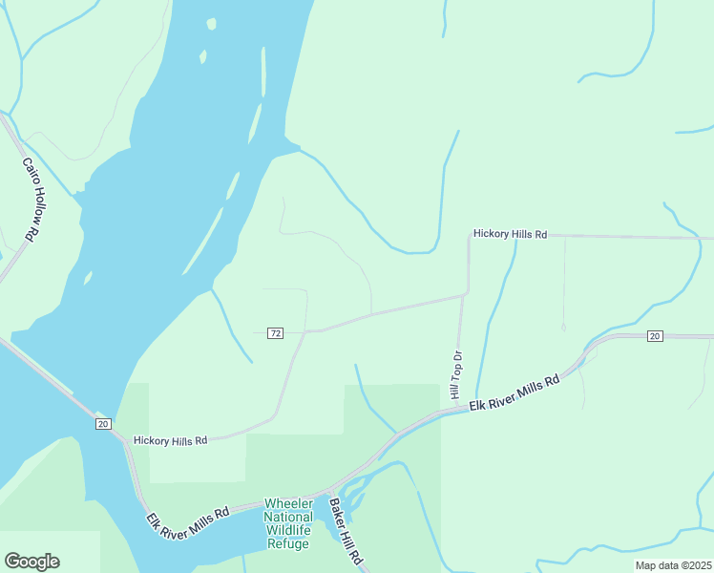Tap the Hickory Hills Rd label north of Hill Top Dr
click(511, 234)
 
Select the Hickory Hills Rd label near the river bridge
click(170, 440)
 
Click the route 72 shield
click(275, 332)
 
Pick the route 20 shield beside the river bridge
click(103, 423)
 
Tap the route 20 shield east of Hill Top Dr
click(654, 336)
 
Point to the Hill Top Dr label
click(456, 375)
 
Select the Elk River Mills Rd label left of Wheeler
click(188, 519)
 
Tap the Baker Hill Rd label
click(346, 530)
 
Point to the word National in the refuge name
click(288, 517)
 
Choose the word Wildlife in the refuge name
click(288, 530)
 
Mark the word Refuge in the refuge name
click(288, 543)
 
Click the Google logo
click(31, 562)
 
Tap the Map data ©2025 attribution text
click(672, 565)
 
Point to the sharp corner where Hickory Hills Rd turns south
click(468, 236)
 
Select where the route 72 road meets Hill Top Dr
click(463, 296)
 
